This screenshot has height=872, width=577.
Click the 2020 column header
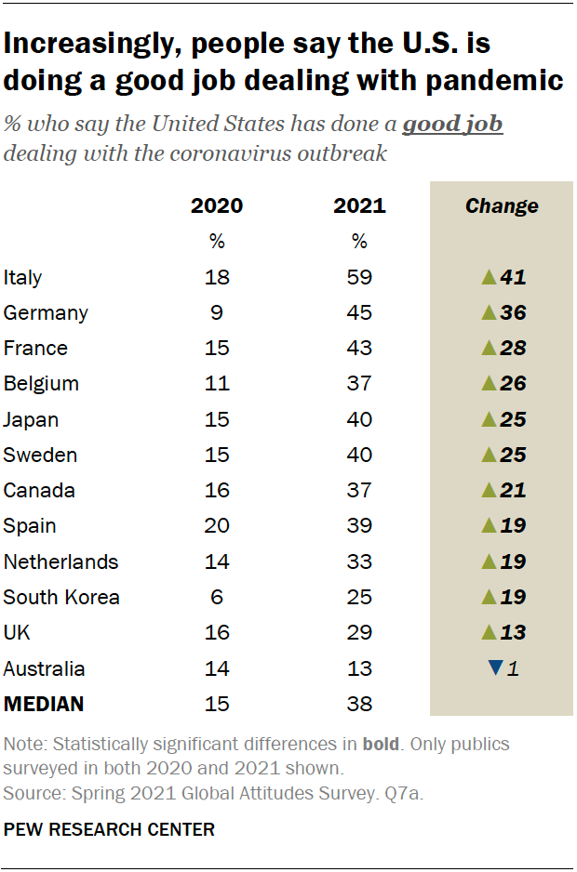tap(216, 205)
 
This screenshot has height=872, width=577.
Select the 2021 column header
tap(359, 205)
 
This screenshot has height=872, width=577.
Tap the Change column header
tap(501, 205)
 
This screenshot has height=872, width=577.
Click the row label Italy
tap(23, 277)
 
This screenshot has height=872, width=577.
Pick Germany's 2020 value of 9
tap(217, 312)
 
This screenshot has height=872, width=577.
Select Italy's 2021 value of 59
tap(359, 277)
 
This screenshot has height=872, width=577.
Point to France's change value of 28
tap(512, 349)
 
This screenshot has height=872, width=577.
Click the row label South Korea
tap(61, 597)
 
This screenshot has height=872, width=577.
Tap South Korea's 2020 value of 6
tap(217, 597)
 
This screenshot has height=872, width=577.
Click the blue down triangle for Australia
tap(495, 668)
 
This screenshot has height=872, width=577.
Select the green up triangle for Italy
tap(488, 277)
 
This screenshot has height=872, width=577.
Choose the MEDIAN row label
tap(44, 704)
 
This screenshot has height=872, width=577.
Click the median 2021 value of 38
tap(359, 704)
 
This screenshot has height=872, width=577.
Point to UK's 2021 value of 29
tap(359, 633)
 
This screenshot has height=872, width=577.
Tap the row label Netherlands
tap(60, 562)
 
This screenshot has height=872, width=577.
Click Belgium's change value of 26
tap(512, 384)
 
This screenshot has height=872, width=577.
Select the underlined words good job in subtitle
tap(452, 124)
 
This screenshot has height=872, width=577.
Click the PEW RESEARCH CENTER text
tap(109, 829)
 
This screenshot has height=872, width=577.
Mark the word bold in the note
tap(380, 744)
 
